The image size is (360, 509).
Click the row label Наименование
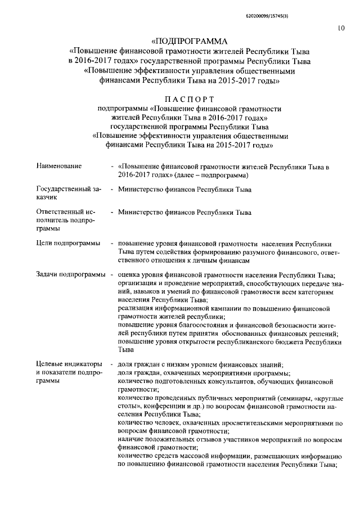[x=59, y=166]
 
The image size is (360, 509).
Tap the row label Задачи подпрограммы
[x=70, y=274]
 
